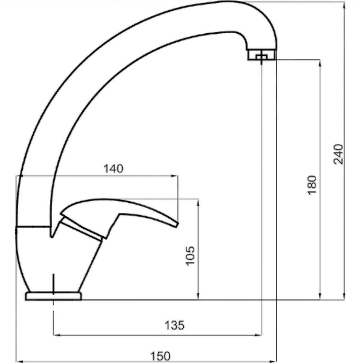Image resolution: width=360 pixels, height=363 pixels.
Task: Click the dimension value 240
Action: point(338,154)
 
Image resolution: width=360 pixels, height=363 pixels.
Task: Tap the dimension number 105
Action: point(190,255)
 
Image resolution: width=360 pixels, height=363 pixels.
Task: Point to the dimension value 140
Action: point(113,169)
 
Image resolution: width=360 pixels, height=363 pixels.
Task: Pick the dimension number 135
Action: point(175,325)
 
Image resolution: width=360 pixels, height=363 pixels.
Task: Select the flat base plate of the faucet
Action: point(54,296)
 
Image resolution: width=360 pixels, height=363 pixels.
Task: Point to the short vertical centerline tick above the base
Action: point(54,283)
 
